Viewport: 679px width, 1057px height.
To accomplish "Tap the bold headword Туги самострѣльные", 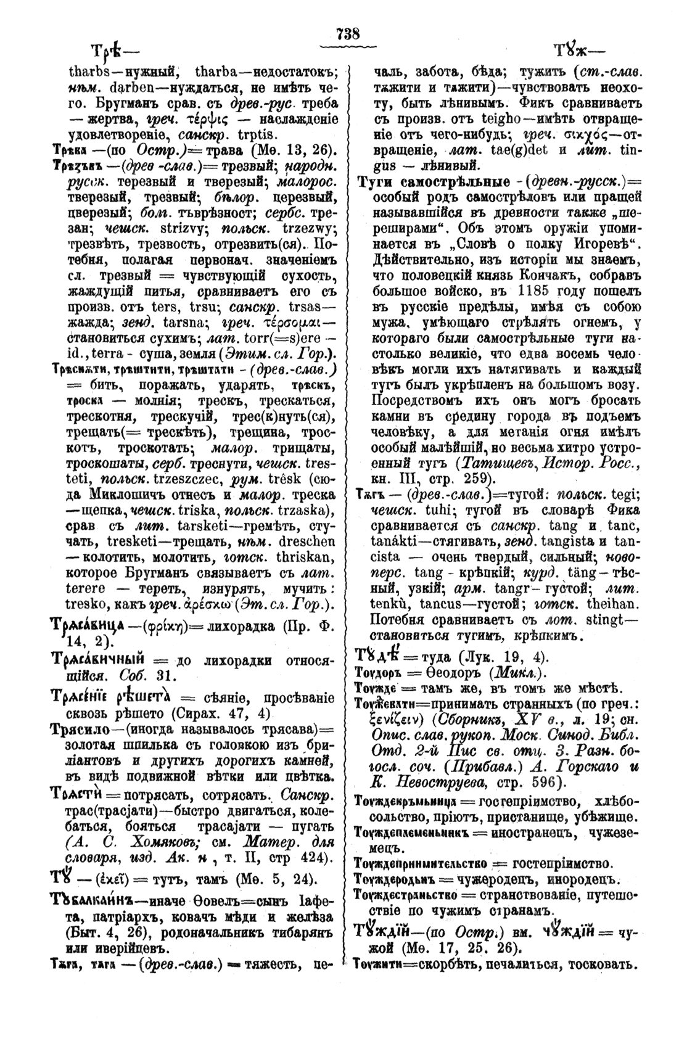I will (x=435, y=183).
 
